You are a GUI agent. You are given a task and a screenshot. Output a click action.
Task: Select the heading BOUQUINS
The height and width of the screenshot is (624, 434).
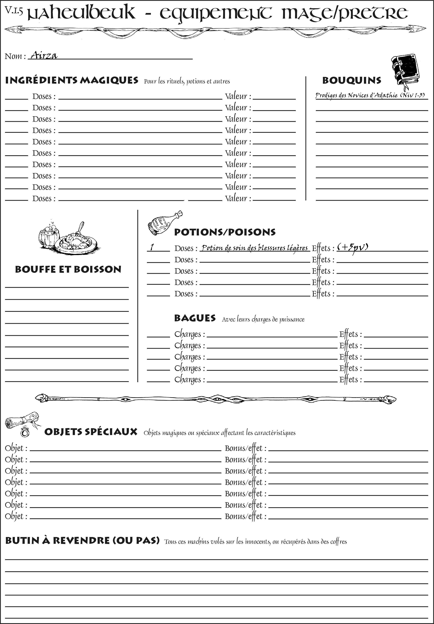coord(352,80)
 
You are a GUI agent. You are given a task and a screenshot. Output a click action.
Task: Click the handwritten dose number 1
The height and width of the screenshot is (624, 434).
coord(152,247)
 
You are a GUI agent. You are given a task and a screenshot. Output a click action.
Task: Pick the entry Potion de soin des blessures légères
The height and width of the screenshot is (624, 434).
coord(254,248)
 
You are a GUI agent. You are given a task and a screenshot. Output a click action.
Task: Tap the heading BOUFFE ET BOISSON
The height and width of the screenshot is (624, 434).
coord(68,269)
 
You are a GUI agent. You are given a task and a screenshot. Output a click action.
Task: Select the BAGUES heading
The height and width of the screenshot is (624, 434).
coord(195,318)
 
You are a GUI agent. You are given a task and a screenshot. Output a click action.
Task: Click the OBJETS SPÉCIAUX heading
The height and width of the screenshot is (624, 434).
coord(91,432)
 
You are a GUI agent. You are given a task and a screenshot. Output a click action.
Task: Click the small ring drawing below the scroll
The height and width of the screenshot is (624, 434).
coord(25,432)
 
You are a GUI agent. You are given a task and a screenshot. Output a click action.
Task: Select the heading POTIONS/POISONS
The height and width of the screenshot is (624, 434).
coord(225,232)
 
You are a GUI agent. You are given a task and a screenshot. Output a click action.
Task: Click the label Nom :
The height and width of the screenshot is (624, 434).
coord(15,56)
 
